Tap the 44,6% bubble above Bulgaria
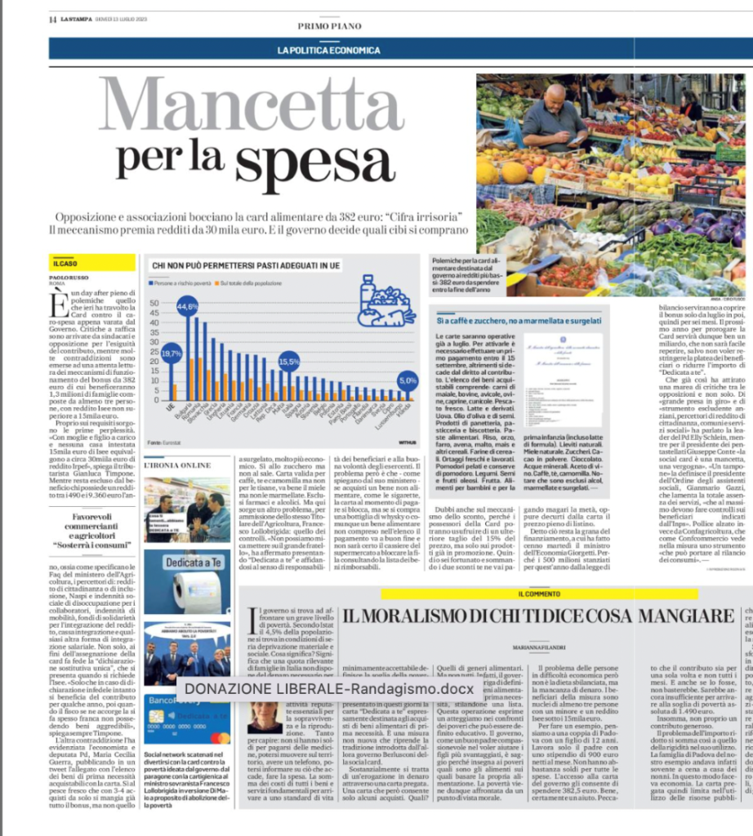click(187, 308)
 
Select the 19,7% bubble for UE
click(171, 354)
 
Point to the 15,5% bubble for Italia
click(287, 360)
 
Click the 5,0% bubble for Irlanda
click(407, 380)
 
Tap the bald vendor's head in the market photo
click(556, 91)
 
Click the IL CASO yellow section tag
click(66, 265)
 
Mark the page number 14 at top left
click(52, 20)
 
